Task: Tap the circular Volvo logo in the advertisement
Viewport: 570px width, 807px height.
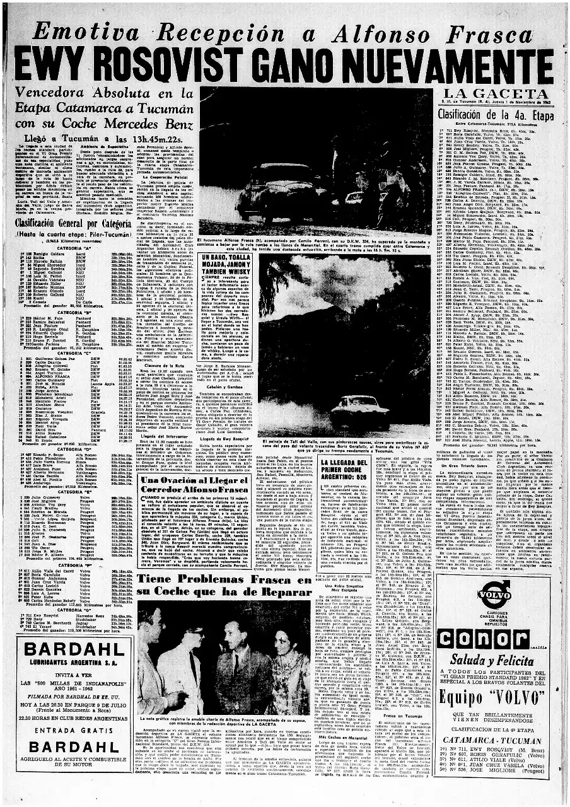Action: [494, 594]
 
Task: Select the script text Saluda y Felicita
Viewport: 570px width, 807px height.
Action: [498, 660]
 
